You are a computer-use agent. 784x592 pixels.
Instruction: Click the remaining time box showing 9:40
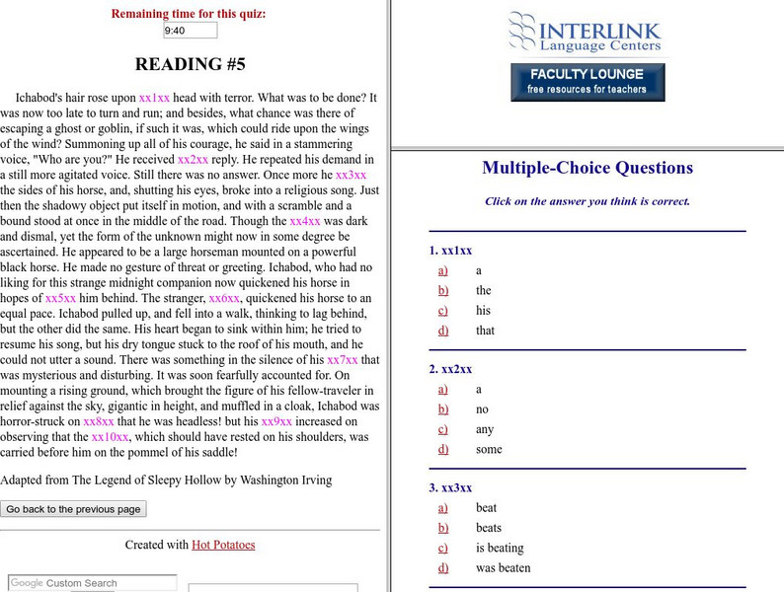[190, 31]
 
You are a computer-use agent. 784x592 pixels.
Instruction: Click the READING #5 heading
[190, 66]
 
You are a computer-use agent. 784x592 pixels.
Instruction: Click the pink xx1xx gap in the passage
[155, 99]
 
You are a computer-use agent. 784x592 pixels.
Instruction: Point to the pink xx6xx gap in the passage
[224, 297]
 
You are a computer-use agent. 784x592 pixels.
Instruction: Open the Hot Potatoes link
[223, 545]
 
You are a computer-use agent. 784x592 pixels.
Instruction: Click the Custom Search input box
[93, 583]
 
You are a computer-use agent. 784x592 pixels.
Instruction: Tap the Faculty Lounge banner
[587, 82]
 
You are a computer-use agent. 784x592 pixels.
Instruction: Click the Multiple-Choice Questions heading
[588, 168]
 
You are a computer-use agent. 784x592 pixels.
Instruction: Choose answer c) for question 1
[443, 311]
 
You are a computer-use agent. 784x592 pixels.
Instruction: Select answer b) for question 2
[443, 409]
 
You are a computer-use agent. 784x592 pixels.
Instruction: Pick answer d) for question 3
[443, 567]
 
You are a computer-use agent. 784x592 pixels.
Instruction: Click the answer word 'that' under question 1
[485, 331]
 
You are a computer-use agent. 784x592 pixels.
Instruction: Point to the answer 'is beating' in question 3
[499, 548]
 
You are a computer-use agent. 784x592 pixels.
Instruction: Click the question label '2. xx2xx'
[450, 369]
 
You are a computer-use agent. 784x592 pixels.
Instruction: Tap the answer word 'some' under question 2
[489, 449]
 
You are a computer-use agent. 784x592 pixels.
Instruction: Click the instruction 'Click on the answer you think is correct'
[587, 201]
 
